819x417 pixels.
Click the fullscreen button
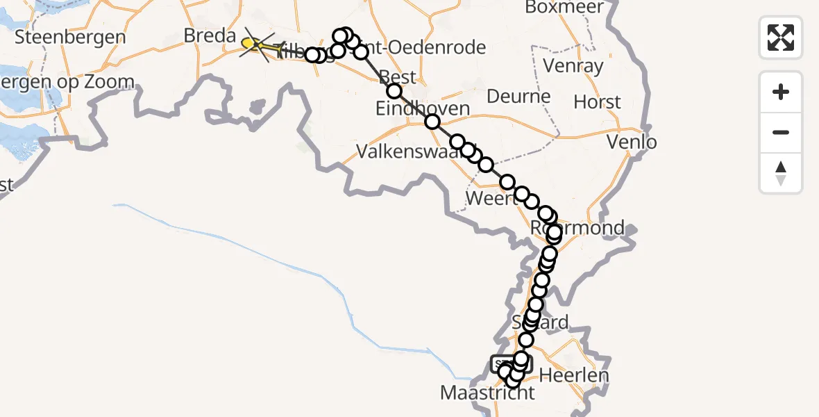[781, 38]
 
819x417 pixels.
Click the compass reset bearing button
[781, 173]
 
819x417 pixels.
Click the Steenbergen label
[70, 37]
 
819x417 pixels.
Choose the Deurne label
[518, 96]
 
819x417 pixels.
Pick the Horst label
[597, 103]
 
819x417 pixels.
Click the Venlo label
[632, 142]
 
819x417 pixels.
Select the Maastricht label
[488, 393]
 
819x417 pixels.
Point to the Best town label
[398, 76]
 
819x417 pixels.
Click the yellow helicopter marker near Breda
[251, 44]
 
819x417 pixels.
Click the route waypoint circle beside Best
[394, 91]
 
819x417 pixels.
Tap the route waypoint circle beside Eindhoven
[432, 122]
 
